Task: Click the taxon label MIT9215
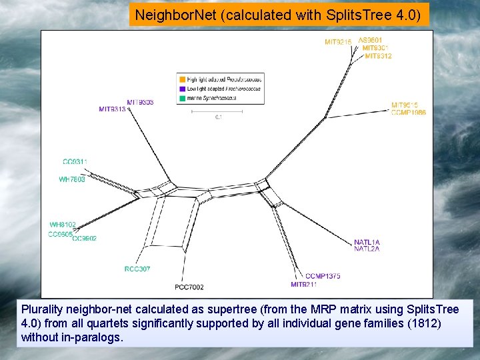point(338,43)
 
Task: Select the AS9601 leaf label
point(371,40)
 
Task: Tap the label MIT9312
point(378,56)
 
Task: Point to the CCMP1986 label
point(409,113)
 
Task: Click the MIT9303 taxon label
point(140,102)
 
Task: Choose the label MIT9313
point(112,109)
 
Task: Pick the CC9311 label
point(75,162)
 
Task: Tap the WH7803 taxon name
point(72,179)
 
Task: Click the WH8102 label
point(63,225)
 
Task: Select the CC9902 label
point(84,238)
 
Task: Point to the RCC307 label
point(137,269)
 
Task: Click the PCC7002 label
point(189,287)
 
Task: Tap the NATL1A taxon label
point(367,242)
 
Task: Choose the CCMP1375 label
point(323,276)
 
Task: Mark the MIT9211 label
point(304,285)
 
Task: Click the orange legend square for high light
point(183,79)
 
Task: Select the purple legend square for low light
point(183,89)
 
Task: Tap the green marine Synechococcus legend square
point(183,98)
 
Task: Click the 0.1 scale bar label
point(217,117)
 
